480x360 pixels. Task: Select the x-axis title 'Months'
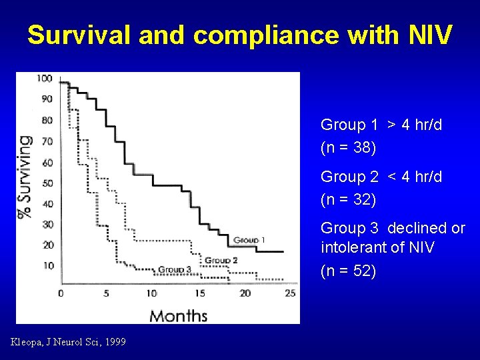point(178,315)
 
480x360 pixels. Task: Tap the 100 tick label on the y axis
point(45,78)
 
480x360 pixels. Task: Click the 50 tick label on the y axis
point(47,183)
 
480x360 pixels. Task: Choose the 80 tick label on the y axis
point(47,120)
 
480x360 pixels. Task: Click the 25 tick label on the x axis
point(290,293)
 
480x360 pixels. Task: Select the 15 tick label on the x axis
point(200,293)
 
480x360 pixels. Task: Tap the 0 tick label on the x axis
point(61,293)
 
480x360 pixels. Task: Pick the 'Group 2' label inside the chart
point(221,260)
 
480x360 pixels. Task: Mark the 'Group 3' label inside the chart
point(175,269)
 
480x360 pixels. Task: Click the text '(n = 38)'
point(348,147)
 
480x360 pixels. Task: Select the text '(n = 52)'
point(348,271)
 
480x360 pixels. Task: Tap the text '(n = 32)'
point(348,199)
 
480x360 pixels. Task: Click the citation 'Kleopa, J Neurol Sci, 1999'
point(68,343)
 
